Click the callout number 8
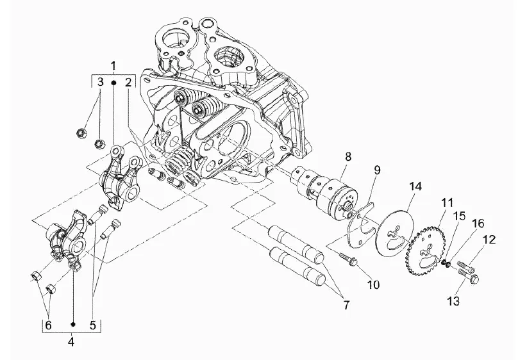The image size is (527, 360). (348, 156)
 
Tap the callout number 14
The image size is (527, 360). (415, 186)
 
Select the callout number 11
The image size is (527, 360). (448, 203)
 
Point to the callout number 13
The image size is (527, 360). (453, 301)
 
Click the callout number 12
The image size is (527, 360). (489, 240)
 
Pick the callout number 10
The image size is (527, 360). (373, 285)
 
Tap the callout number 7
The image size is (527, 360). (346, 305)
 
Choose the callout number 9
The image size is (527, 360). (377, 170)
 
